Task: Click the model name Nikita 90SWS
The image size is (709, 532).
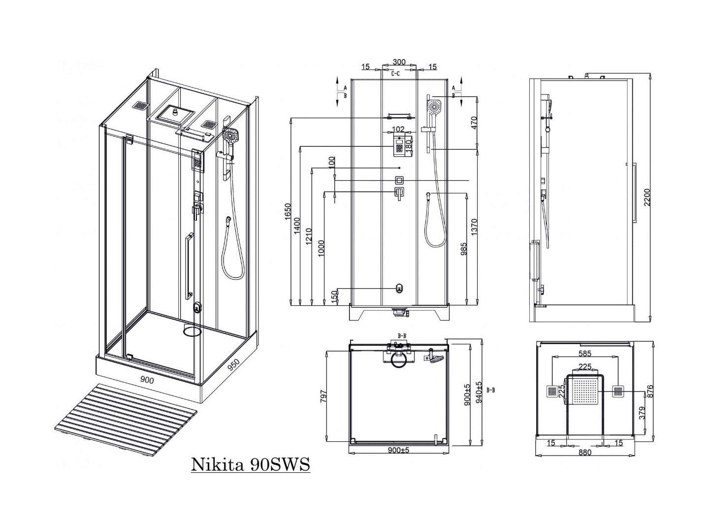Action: pyautogui.click(x=250, y=464)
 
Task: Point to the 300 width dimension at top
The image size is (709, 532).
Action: pyautogui.click(x=399, y=62)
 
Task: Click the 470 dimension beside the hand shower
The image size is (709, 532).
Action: pyautogui.click(x=474, y=123)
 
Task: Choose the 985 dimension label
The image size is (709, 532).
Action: pyautogui.click(x=463, y=249)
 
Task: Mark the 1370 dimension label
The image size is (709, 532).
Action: pyautogui.click(x=474, y=228)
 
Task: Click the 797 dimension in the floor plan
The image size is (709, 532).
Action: pyautogui.click(x=323, y=397)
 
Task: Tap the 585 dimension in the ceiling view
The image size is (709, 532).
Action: pyautogui.click(x=585, y=353)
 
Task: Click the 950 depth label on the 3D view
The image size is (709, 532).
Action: pyautogui.click(x=233, y=365)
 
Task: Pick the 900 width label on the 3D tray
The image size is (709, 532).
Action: pyautogui.click(x=147, y=380)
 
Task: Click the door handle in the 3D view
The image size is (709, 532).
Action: pyautogui.click(x=188, y=266)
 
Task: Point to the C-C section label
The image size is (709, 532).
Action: pyautogui.click(x=395, y=74)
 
